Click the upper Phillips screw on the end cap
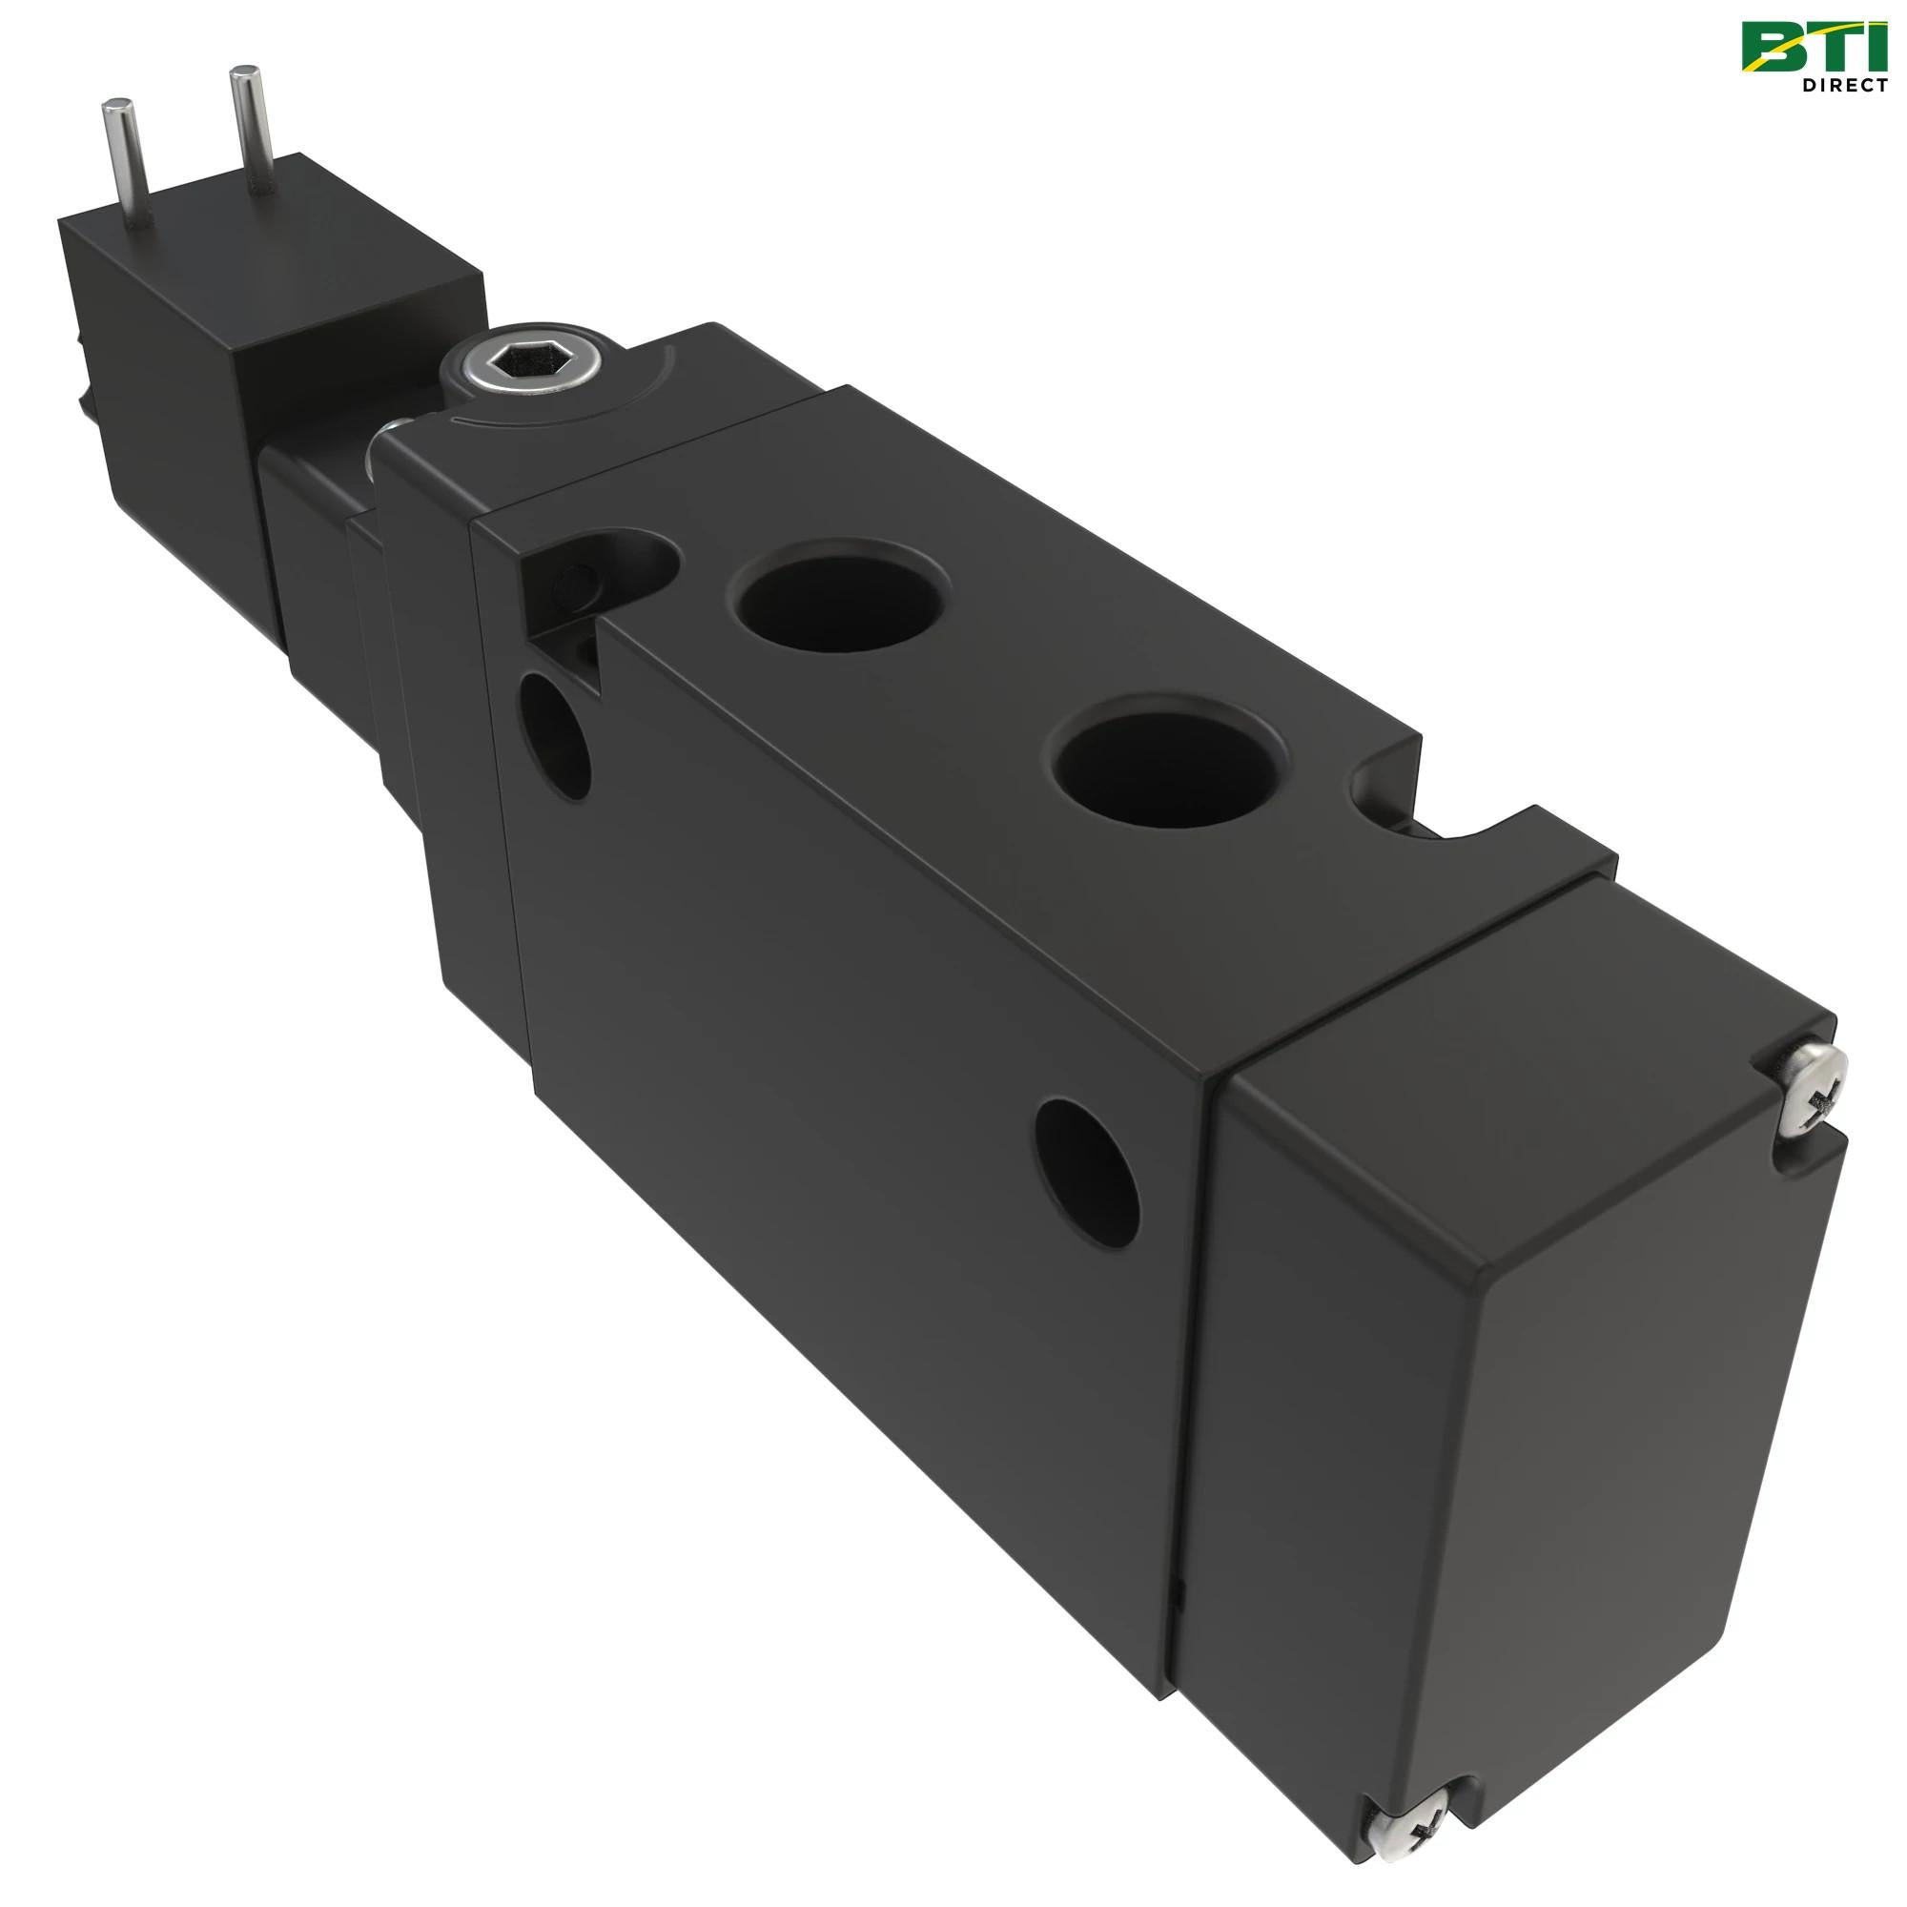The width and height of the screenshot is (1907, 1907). point(1815,1090)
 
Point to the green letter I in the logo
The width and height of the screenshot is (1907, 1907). point(1876,48)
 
